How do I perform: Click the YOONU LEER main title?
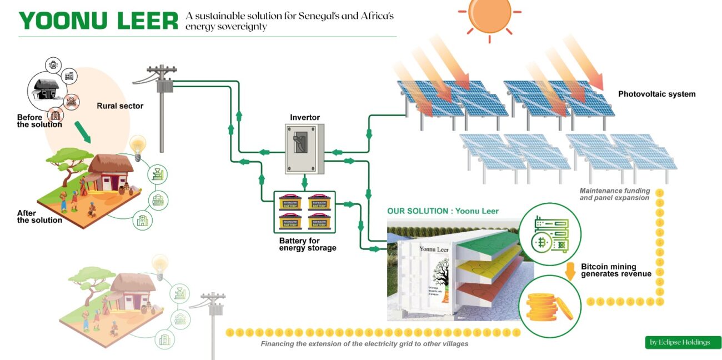click(98, 21)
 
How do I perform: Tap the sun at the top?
click(489, 13)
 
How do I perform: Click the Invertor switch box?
click(304, 148)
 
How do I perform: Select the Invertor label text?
click(305, 118)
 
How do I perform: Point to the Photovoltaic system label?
click(656, 94)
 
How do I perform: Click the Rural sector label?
click(120, 106)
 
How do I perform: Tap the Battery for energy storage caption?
click(308, 244)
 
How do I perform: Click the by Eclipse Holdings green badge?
click(683, 342)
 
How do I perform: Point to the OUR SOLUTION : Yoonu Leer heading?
click(443, 211)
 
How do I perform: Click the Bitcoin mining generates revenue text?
click(616, 270)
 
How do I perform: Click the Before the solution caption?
click(39, 121)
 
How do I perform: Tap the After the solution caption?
click(39, 217)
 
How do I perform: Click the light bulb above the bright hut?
click(137, 146)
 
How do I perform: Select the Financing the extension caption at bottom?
click(364, 344)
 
